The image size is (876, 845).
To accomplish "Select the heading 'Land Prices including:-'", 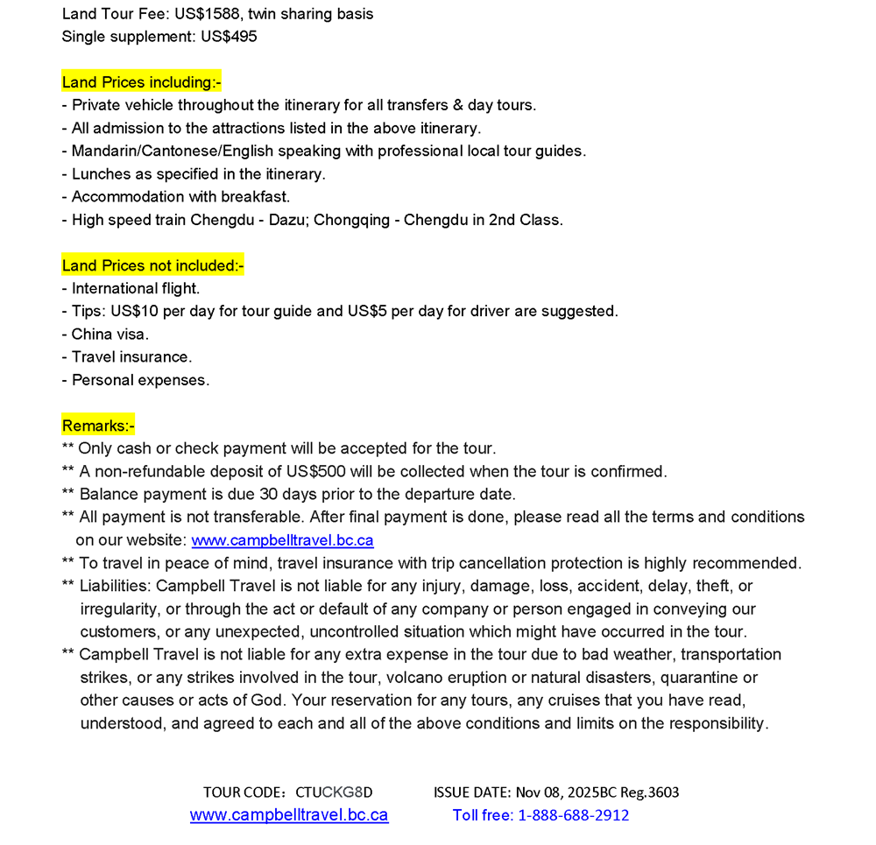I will (x=142, y=82).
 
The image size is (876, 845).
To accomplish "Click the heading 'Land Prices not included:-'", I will (x=152, y=265).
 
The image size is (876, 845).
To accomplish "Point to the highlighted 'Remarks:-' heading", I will (x=98, y=426).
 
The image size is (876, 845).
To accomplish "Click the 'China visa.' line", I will (x=110, y=334).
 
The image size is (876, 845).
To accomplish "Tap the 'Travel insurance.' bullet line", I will (x=131, y=356).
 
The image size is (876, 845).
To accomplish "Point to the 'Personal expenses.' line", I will (x=140, y=380).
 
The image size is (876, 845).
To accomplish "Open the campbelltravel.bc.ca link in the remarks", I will (x=282, y=540).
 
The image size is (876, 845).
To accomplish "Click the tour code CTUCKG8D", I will (x=334, y=792).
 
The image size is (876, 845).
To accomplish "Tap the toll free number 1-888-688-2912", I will (x=573, y=815).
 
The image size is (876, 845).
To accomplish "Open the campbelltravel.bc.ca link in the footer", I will (x=289, y=815).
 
